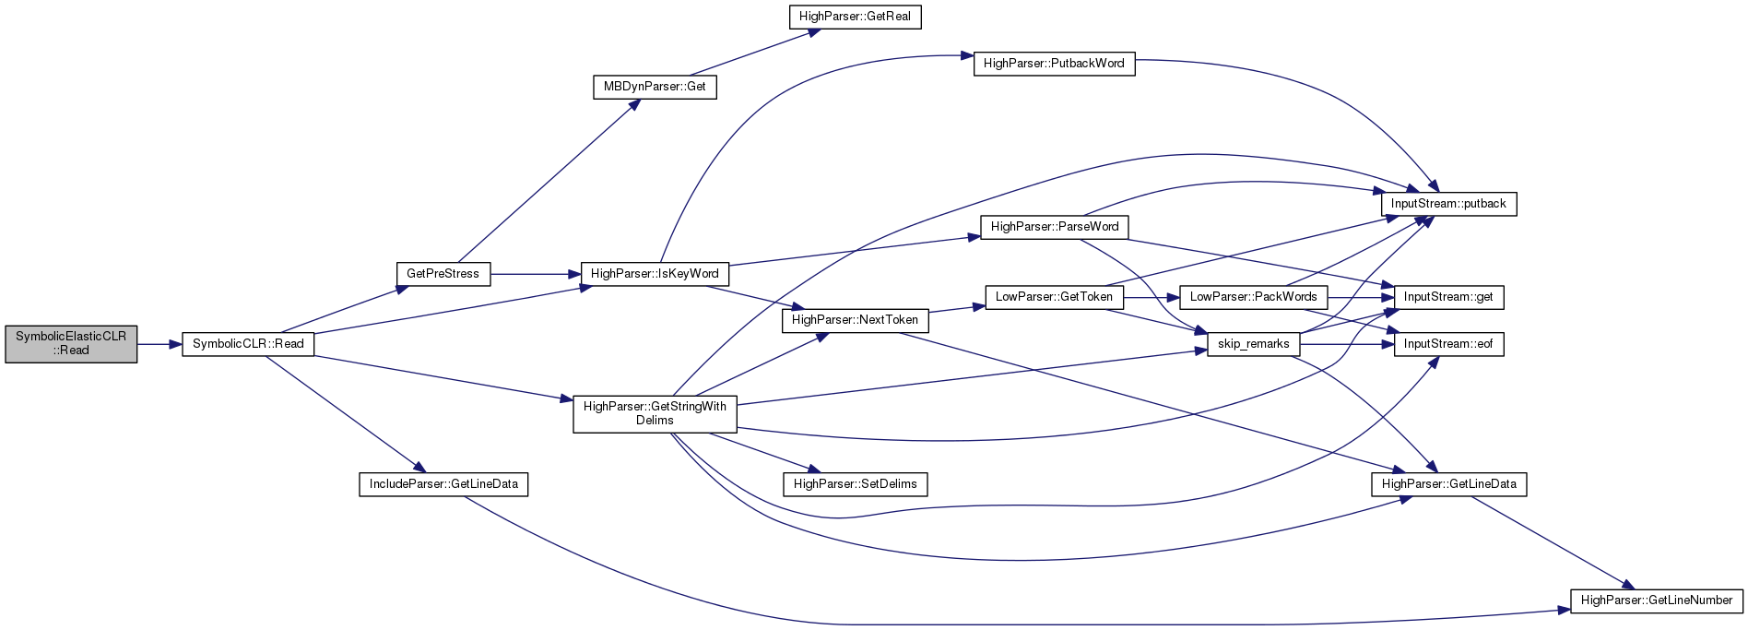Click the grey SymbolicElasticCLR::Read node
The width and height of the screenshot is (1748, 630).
point(71,344)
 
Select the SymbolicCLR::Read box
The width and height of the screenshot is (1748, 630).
point(248,344)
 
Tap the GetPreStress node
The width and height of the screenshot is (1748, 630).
point(443,274)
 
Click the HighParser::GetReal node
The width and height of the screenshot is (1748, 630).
point(855,18)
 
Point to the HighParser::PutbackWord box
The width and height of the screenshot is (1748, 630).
point(1054,64)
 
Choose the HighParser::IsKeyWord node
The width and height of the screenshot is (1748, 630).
point(655,274)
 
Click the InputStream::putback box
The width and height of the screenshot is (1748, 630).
point(1448,204)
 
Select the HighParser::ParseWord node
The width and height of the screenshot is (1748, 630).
point(1055,227)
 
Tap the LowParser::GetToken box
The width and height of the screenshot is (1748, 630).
point(1055,297)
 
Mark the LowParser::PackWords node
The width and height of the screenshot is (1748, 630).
point(1254,297)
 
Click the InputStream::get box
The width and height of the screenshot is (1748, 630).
point(1448,297)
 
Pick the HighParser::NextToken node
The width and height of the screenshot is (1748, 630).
point(855,320)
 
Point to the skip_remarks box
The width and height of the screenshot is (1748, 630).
point(1254,344)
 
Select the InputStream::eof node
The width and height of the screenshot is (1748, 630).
point(1448,344)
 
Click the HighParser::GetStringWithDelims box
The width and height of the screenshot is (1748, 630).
point(655,413)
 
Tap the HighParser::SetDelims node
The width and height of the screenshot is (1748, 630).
point(855,484)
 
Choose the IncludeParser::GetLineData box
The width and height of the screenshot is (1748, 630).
point(443,484)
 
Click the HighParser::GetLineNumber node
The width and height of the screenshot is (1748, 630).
point(1657,600)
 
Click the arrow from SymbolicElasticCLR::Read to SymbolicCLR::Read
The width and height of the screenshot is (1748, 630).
point(159,344)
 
